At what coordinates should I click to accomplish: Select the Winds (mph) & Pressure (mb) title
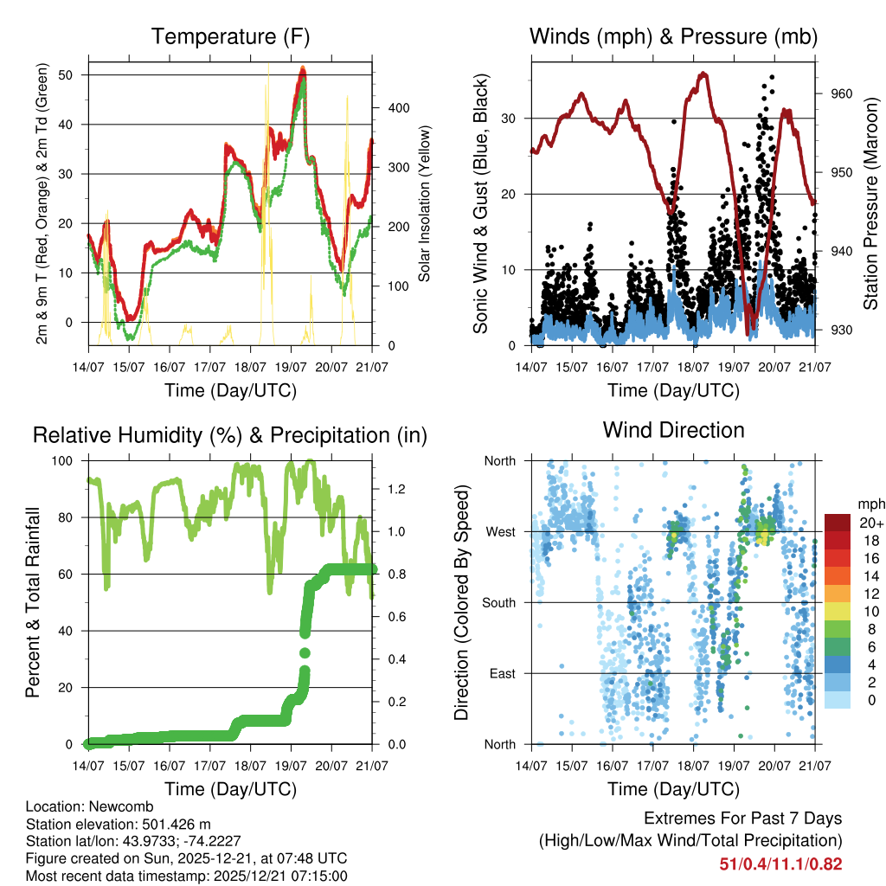pos(673,36)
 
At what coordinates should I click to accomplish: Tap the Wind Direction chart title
pos(673,430)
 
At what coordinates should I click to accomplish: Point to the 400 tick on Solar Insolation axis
pos(397,108)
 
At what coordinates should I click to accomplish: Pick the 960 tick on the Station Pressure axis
pos(842,93)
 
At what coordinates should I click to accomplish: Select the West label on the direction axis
pos(500,531)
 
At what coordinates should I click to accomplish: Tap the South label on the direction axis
pos(498,602)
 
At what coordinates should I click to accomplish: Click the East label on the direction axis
pos(502,673)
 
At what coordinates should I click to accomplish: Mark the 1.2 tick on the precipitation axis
pos(396,489)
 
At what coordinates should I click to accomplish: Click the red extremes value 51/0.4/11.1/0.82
pos(780,864)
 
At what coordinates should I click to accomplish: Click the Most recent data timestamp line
pos(186,875)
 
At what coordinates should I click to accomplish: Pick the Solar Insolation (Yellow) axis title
pos(426,203)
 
